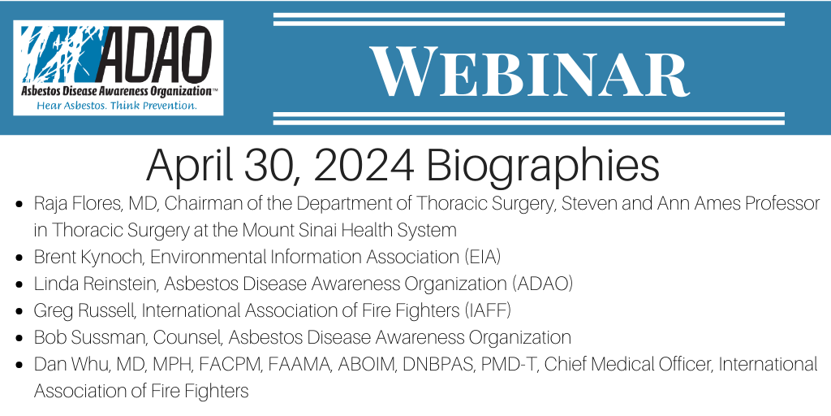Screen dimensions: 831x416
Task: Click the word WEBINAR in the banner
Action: click(529, 71)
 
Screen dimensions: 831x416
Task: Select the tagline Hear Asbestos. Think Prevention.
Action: click(117, 106)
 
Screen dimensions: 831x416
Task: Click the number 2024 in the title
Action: click(363, 165)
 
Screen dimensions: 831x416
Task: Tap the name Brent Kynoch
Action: click(89, 258)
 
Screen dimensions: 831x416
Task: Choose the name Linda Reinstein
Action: click(97, 284)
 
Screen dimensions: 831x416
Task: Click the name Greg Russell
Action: click(84, 311)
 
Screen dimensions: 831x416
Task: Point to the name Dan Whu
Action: click(67, 365)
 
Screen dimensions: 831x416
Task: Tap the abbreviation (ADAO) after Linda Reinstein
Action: click(543, 284)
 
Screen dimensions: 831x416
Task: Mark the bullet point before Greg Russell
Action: click(19, 312)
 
